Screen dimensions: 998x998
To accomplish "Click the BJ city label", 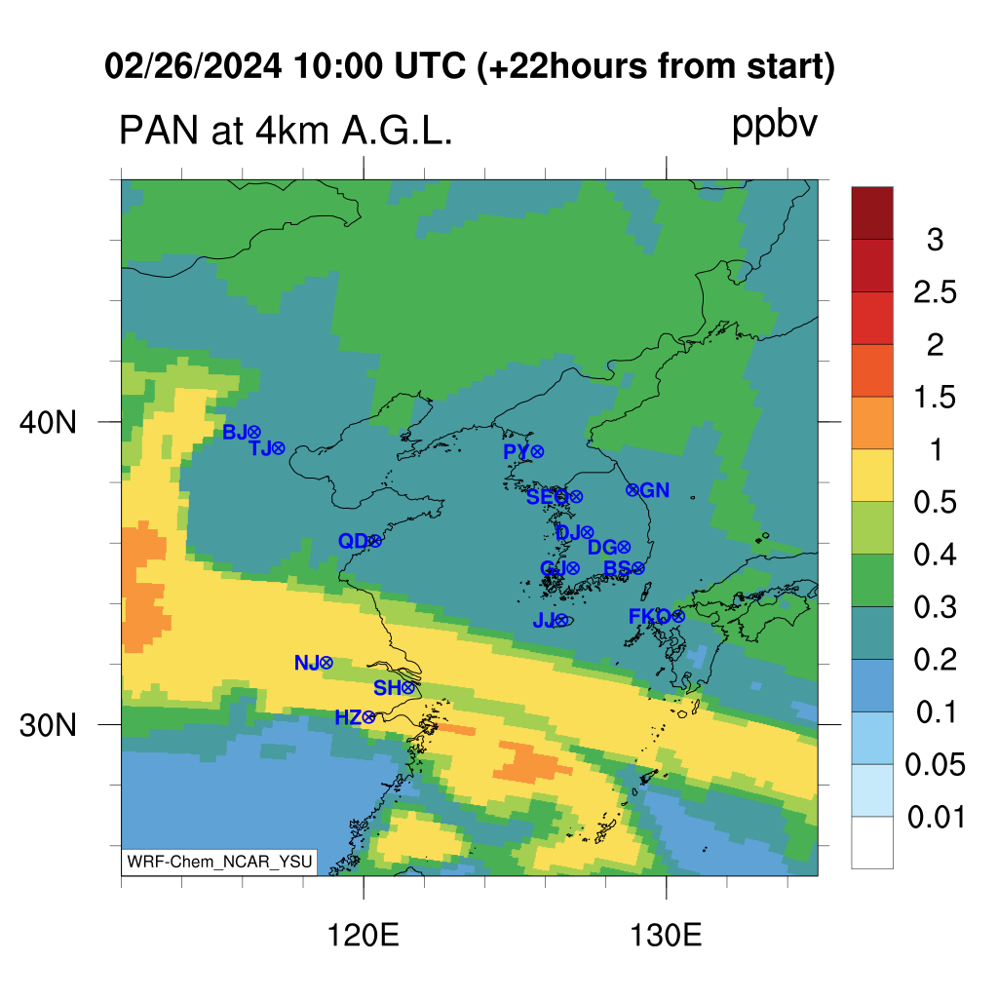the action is pyautogui.click(x=234, y=432).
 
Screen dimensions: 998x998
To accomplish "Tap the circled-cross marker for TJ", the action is pyautogui.click(x=278, y=448).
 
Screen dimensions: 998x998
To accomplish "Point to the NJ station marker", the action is pyautogui.click(x=326, y=663).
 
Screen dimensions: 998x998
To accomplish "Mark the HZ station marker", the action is pyautogui.click(x=367, y=718).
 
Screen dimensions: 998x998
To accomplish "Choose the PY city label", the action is pyautogui.click(x=517, y=452).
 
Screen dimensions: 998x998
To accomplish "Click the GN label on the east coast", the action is pyautogui.click(x=654, y=490).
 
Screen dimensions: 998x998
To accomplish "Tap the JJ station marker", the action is pyautogui.click(x=560, y=620).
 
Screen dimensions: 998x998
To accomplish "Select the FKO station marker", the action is pyautogui.click(x=678, y=616).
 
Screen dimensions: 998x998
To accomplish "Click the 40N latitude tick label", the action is pyautogui.click(x=48, y=422).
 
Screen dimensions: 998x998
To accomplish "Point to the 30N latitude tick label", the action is pyautogui.click(x=48, y=725).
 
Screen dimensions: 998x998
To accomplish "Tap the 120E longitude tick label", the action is pyautogui.click(x=363, y=936).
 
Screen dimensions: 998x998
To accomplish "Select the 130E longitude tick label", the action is pyautogui.click(x=666, y=936).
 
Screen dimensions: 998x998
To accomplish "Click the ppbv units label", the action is pyautogui.click(x=775, y=126).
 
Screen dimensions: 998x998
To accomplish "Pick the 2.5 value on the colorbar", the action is pyautogui.click(x=935, y=292).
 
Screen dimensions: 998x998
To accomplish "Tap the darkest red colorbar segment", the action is pyautogui.click(x=872, y=212).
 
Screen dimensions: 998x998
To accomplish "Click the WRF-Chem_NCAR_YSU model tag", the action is pyautogui.click(x=219, y=862).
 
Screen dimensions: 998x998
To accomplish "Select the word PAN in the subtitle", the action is pyautogui.click(x=159, y=131).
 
